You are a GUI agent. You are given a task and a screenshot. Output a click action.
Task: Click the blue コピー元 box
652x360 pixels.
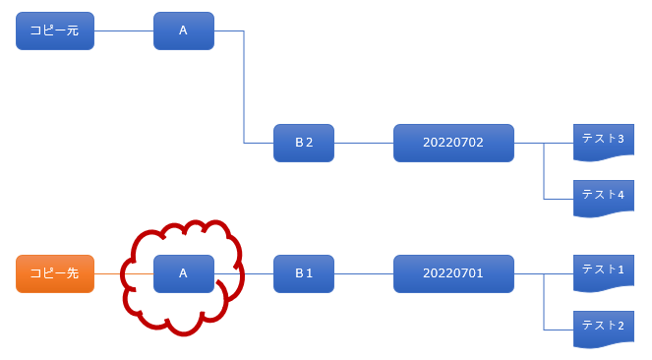(55, 30)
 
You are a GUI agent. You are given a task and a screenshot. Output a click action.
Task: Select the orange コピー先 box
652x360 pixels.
(55, 274)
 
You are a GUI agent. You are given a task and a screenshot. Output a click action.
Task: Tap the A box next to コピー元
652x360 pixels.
(184, 30)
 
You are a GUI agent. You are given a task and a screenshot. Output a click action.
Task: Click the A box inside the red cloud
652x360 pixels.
(184, 274)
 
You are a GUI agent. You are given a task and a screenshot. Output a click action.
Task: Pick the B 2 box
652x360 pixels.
(304, 143)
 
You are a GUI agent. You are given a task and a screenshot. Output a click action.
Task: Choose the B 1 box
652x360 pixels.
(304, 274)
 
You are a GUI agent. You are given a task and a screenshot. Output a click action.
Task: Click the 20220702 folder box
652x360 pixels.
(453, 143)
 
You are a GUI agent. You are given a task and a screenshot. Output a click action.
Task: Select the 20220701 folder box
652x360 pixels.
(453, 274)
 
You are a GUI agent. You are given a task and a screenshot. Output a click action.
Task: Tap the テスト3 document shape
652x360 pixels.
(604, 142)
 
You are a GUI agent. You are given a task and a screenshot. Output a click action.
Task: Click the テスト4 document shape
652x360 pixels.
(604, 198)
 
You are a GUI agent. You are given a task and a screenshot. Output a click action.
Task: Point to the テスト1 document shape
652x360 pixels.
(604, 272)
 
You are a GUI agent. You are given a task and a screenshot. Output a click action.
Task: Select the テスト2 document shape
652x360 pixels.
(604, 329)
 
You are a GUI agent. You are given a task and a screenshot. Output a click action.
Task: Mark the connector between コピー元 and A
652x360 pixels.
(124, 30)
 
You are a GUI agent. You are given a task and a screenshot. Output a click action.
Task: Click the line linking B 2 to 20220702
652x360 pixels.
(364, 143)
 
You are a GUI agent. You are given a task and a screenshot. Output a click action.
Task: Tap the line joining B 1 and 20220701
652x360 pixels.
(364, 274)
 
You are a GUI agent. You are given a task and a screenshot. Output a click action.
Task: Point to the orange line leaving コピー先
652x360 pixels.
(124, 274)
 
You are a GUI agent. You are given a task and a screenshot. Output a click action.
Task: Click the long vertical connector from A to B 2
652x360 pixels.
(244, 87)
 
